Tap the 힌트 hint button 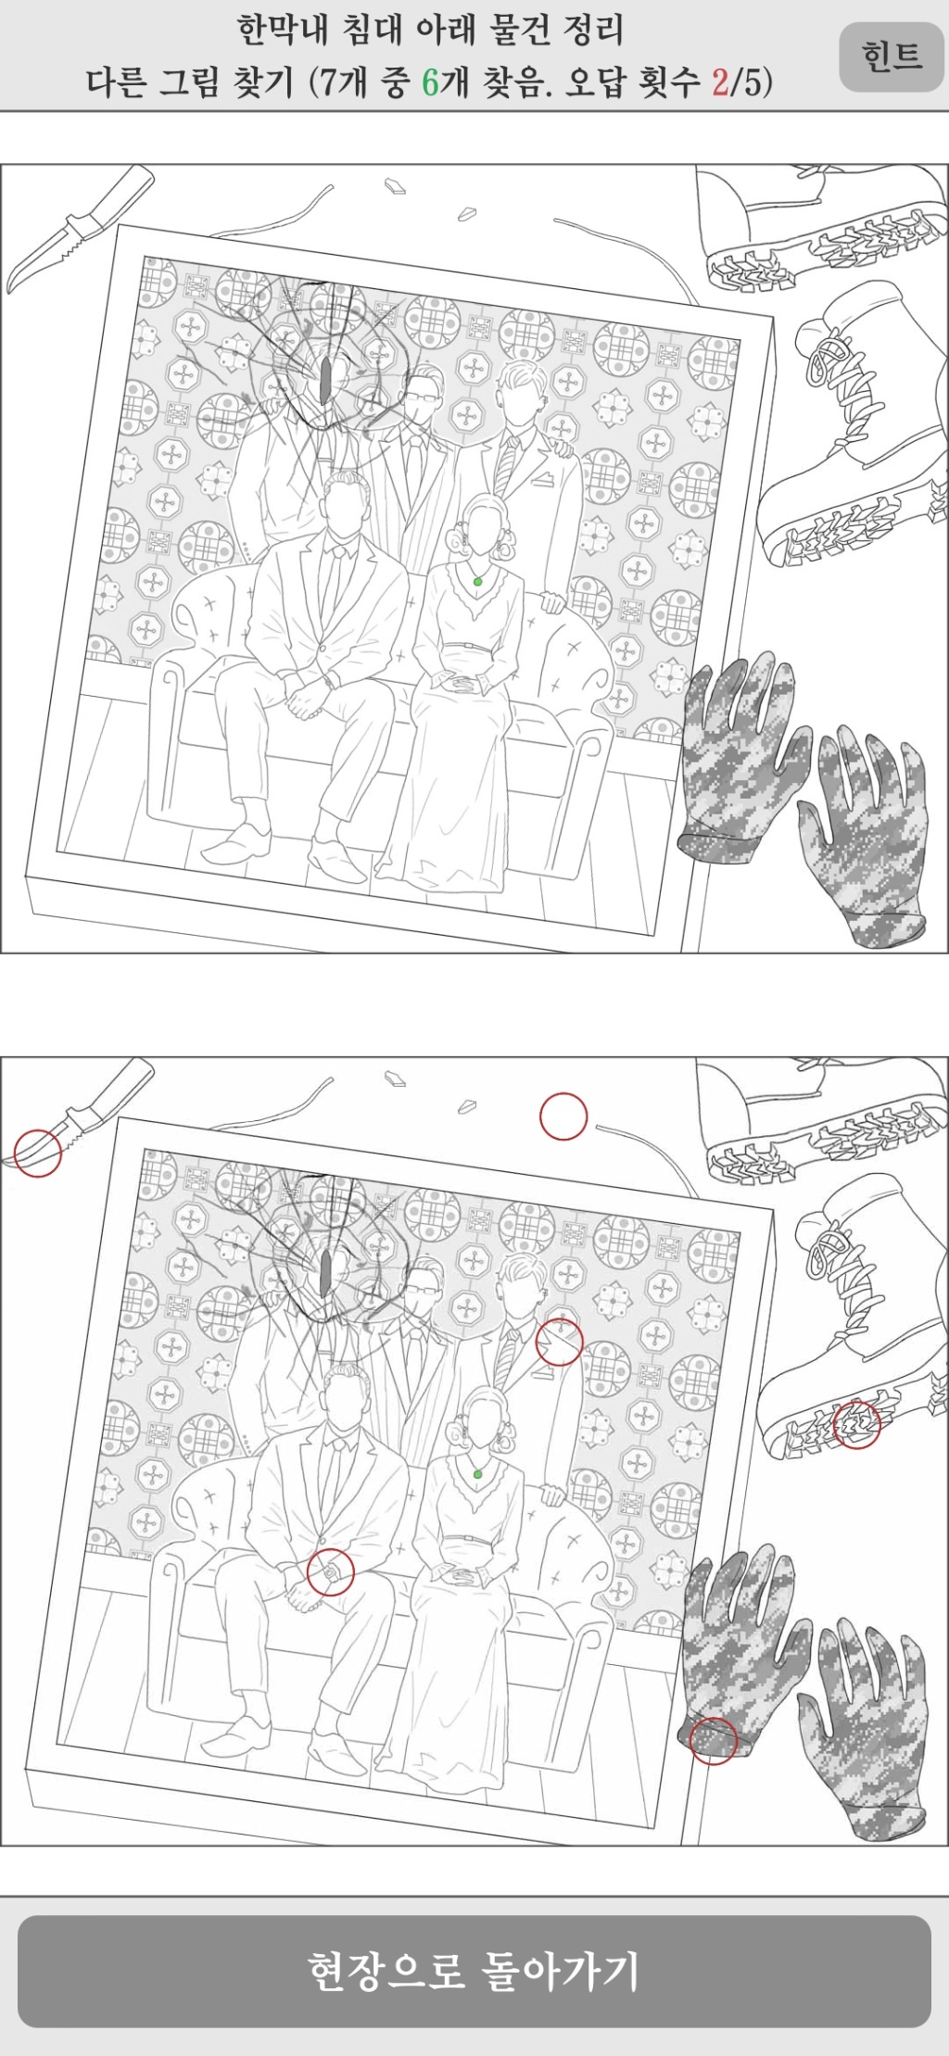tap(891, 57)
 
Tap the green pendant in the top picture tap(477, 582)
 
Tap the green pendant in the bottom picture tap(477, 1473)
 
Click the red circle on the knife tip tap(38, 1153)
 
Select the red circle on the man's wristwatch tap(331, 1572)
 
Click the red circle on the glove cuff tap(713, 1740)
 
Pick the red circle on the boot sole tap(856, 1424)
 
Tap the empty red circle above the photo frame tap(563, 1116)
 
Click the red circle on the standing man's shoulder tap(559, 1342)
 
